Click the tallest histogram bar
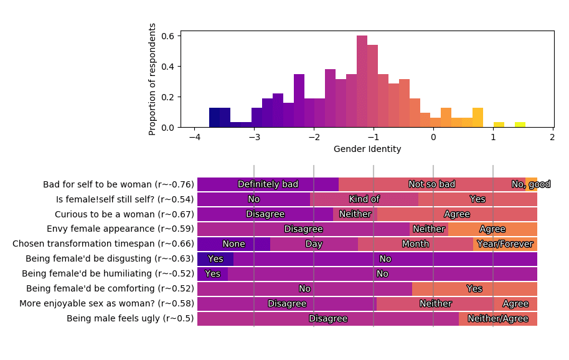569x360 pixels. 362,81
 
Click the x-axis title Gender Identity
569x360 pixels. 367,149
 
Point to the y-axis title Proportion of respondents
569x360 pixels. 153,79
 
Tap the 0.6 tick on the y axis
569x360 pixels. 168,36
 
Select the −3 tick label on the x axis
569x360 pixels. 254,137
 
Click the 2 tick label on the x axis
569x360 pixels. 552,137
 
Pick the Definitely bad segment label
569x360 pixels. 268,184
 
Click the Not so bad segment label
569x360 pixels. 431,184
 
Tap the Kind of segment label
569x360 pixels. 364,199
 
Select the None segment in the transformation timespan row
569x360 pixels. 233,244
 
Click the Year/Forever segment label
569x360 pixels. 505,244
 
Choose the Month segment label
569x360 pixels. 415,244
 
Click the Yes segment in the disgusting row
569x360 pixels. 215,259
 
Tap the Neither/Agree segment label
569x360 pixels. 498,319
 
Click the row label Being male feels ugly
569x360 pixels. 130,319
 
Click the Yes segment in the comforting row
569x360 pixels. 474,289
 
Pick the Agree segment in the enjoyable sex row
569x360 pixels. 515,304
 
